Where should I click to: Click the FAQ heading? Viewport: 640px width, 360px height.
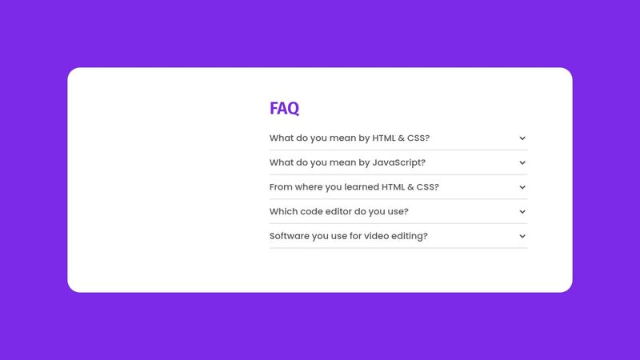pos(284,108)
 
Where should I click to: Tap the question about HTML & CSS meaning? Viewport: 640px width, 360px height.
pos(350,138)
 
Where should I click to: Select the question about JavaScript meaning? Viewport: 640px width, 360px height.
pos(347,162)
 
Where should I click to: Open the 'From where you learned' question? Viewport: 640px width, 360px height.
pos(354,187)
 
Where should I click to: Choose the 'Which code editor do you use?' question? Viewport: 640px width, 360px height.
pos(339,211)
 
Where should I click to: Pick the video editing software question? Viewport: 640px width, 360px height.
pos(349,236)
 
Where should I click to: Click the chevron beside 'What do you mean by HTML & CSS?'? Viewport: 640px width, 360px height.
pos(522,138)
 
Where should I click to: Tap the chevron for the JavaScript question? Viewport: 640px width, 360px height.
pos(522,162)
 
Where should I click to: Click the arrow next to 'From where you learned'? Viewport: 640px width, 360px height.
pos(522,187)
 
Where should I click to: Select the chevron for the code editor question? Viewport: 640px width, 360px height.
pos(522,212)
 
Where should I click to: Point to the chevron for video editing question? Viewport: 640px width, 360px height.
pos(522,236)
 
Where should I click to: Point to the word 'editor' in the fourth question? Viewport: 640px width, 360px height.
pos(342,211)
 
